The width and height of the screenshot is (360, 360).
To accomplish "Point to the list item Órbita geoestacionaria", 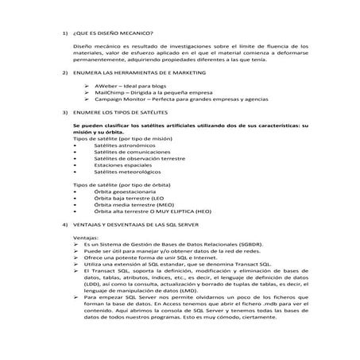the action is coord(125,192).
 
